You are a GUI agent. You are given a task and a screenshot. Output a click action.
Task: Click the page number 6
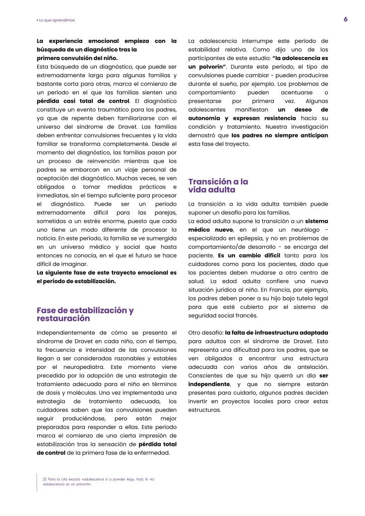345,20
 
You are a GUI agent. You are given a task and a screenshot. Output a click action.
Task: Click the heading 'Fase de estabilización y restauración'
85,314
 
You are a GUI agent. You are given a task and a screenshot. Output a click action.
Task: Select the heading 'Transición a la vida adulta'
218,185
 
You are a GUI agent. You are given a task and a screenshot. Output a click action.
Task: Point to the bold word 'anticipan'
311,136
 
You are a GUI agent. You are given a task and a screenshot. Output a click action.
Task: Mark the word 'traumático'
115,109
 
